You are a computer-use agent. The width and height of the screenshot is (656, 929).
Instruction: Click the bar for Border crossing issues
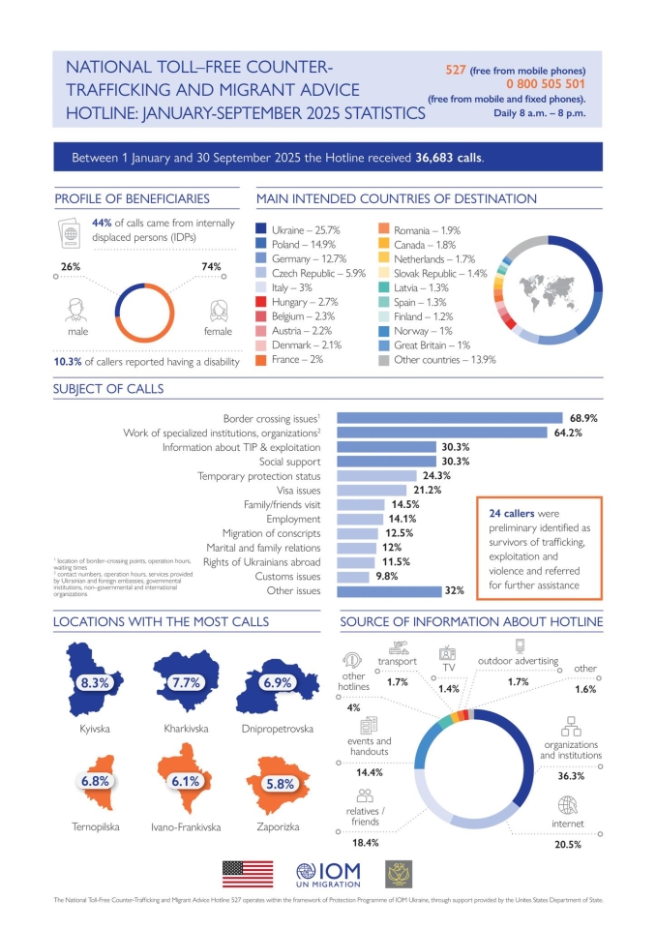coord(449,418)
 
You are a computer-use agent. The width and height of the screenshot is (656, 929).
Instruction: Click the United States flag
coord(248,873)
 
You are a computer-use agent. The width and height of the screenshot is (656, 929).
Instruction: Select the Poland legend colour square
coord(262,246)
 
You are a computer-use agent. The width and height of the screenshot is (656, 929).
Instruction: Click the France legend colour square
coord(262,360)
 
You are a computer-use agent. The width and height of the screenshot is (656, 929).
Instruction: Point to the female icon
coord(218,311)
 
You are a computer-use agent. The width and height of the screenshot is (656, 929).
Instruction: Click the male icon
coord(72,311)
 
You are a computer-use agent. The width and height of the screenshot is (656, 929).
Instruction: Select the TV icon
coord(448,652)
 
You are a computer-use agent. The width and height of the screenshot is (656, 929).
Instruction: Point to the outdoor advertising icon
coord(519,645)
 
